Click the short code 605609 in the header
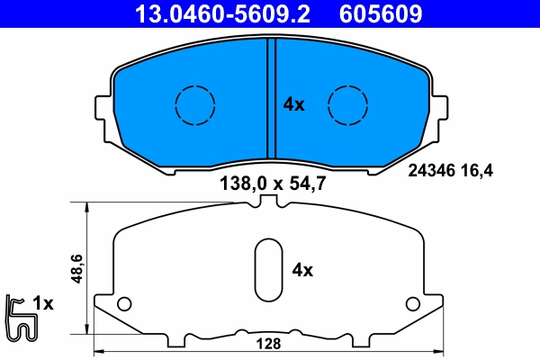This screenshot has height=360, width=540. click(381, 13)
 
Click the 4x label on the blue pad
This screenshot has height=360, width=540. click(294, 104)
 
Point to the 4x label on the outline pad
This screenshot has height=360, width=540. click(303, 270)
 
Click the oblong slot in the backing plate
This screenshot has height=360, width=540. click(267, 270)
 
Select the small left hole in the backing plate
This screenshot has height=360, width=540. click(125, 302)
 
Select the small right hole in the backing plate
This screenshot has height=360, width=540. click(412, 302)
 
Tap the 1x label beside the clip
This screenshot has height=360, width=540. click(43, 304)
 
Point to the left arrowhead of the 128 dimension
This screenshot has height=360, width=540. click(98, 350)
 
